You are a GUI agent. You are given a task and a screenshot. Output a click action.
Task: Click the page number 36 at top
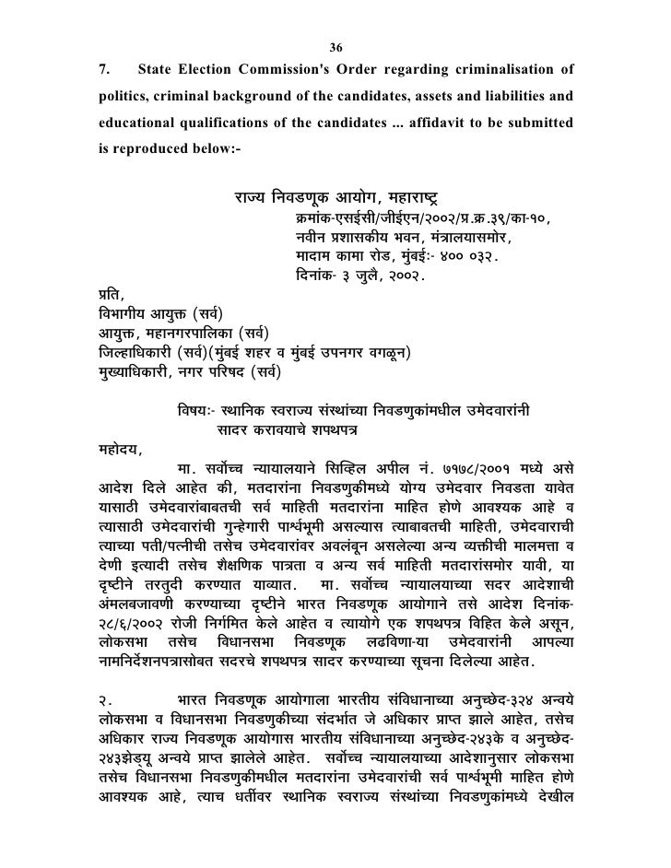coord(335,48)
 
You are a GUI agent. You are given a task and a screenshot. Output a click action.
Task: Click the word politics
coord(122,96)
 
